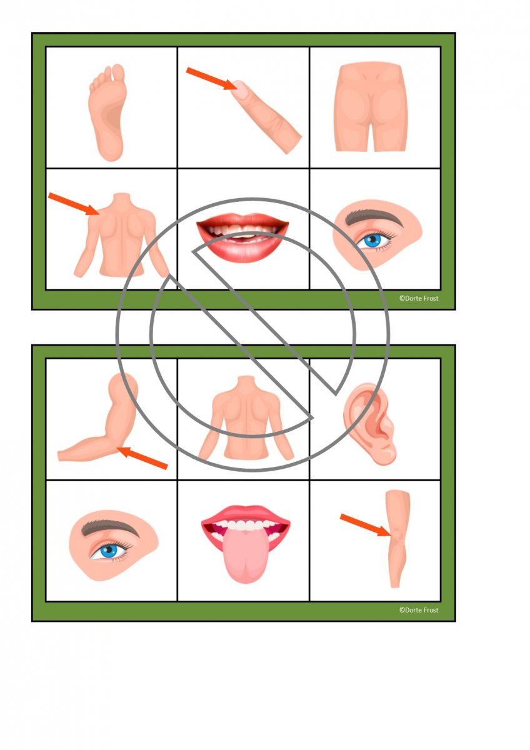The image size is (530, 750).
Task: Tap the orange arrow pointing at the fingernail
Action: (x=212, y=78)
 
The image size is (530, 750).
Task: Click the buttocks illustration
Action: (x=371, y=107)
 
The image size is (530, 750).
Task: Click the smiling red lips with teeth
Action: (x=243, y=237)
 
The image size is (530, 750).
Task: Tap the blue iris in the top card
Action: (x=373, y=240)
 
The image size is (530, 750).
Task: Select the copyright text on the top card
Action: (x=419, y=298)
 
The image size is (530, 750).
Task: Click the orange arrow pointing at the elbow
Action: (x=142, y=457)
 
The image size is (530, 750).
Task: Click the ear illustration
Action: (x=370, y=424)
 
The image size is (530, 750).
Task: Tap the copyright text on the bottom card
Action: (x=419, y=610)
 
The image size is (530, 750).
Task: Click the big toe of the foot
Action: (x=118, y=73)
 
